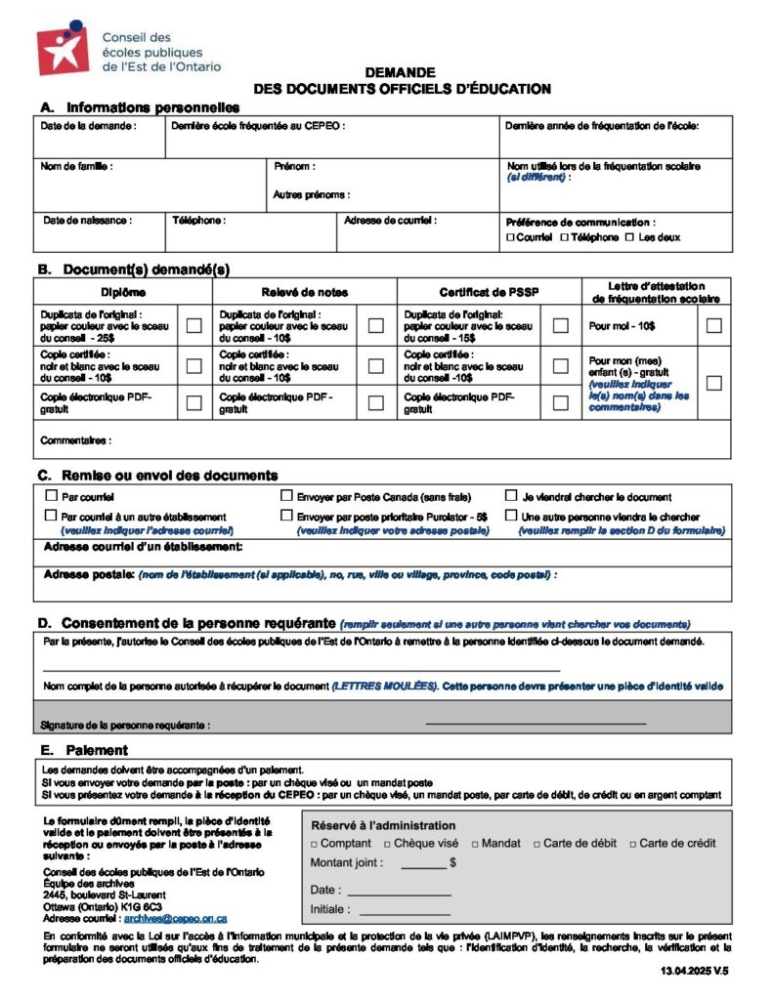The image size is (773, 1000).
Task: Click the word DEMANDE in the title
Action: coord(401,72)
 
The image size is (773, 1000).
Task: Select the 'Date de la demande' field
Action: coord(98,140)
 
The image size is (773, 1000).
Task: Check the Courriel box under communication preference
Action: coord(510,237)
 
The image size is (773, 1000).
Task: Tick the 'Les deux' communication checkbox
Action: coord(629,237)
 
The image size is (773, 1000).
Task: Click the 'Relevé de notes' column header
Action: coord(304,292)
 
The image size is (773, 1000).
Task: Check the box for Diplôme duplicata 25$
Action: coord(194,325)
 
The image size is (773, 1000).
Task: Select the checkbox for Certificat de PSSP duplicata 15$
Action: coord(560,325)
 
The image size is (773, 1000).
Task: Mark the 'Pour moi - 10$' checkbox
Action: coord(713,325)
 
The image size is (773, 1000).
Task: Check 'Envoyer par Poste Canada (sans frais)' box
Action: coord(287,496)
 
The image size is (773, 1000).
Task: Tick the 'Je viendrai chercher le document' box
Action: coord(511,496)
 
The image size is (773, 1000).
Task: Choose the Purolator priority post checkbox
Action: coord(287,515)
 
